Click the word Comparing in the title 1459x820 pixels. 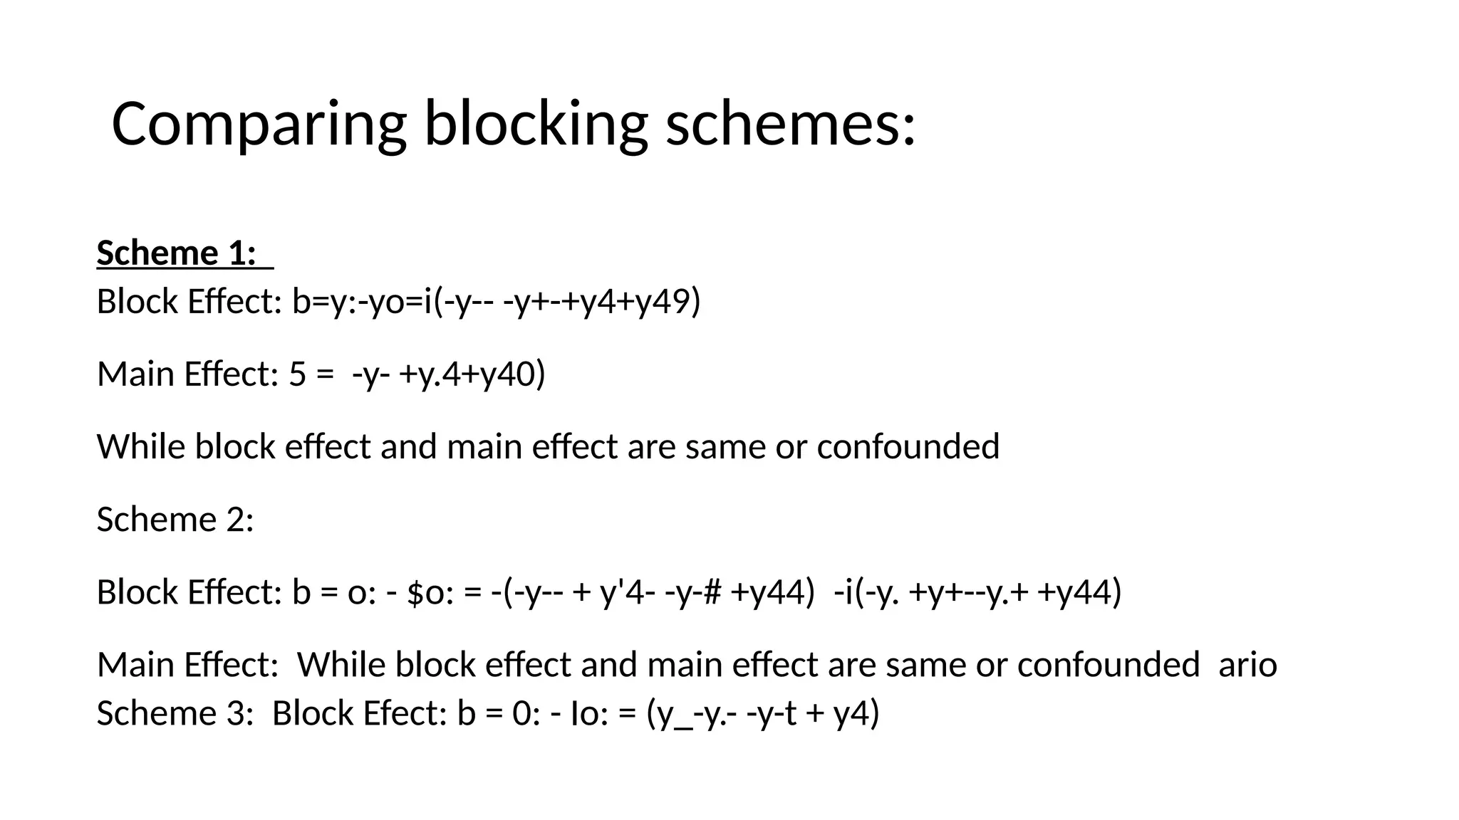click(259, 125)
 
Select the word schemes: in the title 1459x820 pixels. click(790, 125)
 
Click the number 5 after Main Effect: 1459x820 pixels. click(298, 374)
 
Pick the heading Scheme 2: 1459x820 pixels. click(175, 520)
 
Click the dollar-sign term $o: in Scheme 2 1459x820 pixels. click(430, 592)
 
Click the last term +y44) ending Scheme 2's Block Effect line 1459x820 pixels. click(1080, 592)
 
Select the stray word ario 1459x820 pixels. click(1247, 665)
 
